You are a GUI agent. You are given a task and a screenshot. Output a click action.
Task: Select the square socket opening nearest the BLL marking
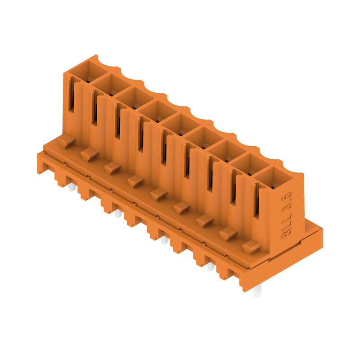(273, 178)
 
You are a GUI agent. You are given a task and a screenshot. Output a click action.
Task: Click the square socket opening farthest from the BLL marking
(89, 72)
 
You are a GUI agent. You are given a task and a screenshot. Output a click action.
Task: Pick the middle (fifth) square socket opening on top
(181, 125)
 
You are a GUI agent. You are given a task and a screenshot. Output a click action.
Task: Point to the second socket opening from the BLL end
(250, 164)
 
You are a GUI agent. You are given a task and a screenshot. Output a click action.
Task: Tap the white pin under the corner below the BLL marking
(256, 290)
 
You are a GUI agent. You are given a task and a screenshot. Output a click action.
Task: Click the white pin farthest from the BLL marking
(72, 187)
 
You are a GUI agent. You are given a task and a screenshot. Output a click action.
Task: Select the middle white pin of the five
(164, 240)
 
